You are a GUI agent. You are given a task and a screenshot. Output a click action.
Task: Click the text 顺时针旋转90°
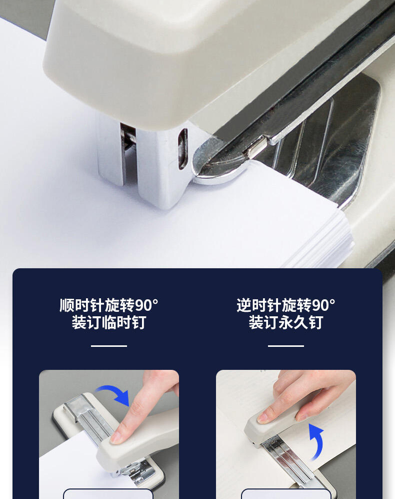click(x=109, y=305)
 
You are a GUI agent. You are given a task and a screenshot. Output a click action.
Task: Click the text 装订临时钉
click(x=109, y=322)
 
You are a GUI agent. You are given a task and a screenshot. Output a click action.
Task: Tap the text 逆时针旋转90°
click(x=285, y=305)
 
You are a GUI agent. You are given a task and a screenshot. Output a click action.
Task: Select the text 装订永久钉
click(x=285, y=322)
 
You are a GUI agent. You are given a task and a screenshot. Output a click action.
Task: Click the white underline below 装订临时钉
click(x=109, y=346)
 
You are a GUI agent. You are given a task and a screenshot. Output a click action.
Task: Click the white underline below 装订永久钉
click(x=285, y=346)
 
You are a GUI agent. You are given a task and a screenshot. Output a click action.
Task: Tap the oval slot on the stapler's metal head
click(x=182, y=149)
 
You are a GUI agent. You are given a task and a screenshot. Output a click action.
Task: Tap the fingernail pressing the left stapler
click(x=116, y=438)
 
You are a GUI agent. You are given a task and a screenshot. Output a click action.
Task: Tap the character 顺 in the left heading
click(x=67, y=305)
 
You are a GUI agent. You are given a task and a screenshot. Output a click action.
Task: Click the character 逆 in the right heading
click(x=243, y=305)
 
